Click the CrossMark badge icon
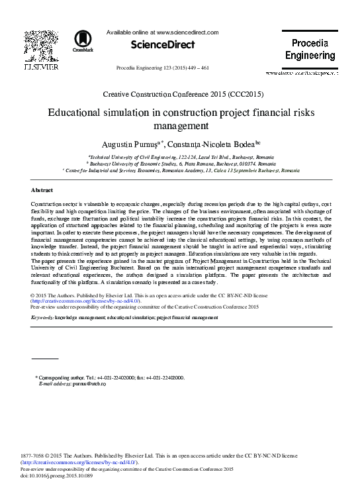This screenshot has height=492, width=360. tap(83, 40)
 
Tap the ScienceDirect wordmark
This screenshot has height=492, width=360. tap(163, 44)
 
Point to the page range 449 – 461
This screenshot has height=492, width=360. tap(195, 68)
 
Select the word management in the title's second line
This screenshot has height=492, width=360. tap(180, 126)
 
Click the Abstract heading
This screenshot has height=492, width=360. tap(42, 190)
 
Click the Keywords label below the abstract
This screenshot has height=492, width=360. tap(42, 318)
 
